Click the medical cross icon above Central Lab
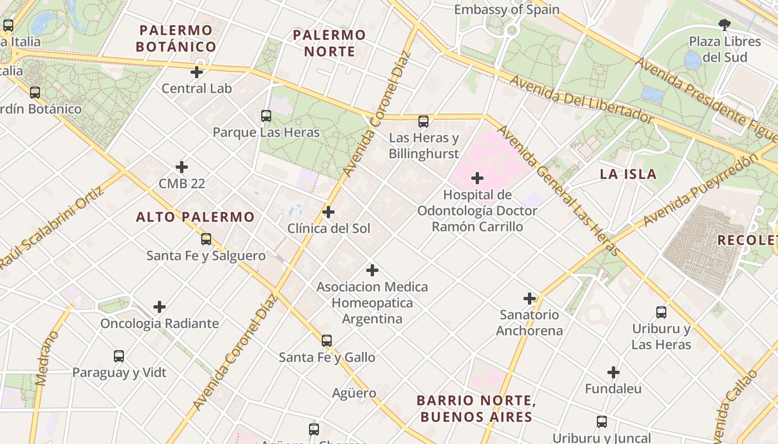[x=196, y=72]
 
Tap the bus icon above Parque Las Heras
[x=266, y=116]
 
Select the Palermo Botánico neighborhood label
[x=176, y=38]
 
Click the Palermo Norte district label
[x=329, y=43]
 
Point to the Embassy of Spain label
[x=506, y=9]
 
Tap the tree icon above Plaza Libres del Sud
[x=724, y=25]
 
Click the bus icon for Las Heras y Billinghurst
[x=423, y=122]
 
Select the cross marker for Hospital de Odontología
[x=477, y=178]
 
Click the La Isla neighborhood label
[x=628, y=174]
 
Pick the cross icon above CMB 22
[x=182, y=167]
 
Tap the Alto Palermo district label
[x=195, y=217]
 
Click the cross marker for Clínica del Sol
[x=328, y=212]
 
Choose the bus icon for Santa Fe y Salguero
[x=206, y=239]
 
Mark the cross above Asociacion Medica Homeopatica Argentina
[x=372, y=270]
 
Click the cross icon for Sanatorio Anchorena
[x=530, y=299]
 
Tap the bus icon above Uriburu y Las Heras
[x=661, y=312]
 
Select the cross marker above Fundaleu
[x=614, y=372]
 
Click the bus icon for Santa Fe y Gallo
[x=327, y=341]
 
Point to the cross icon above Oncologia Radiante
[x=159, y=307]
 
